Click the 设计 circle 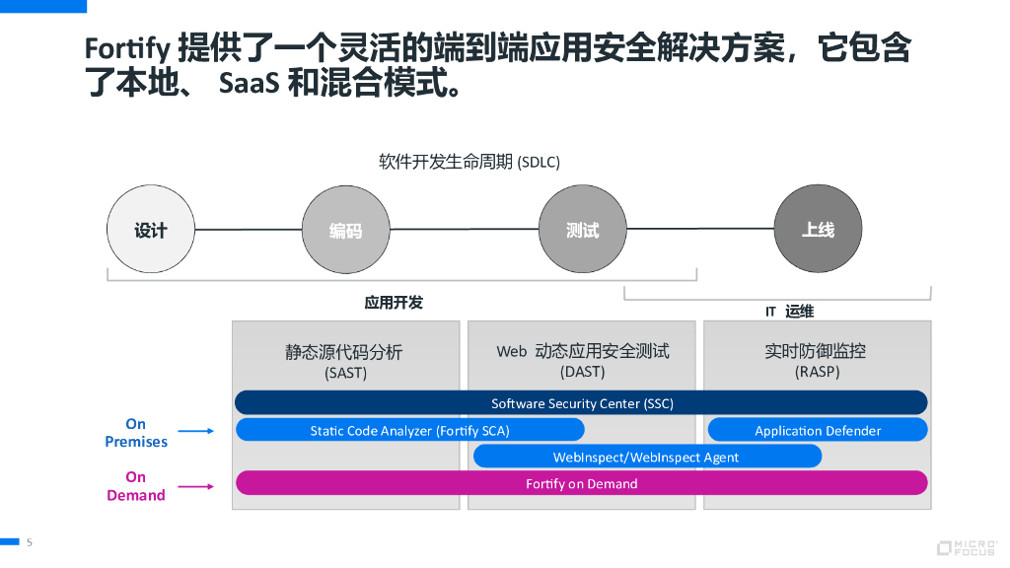150,230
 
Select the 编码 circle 345,230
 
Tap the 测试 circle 582,230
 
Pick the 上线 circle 818,229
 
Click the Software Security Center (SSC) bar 581,402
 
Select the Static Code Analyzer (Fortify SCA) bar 409,430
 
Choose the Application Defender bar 818,430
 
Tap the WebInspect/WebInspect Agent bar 646,457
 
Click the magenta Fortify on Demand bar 581,483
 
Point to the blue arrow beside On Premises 196,431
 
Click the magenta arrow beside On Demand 196,485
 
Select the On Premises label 136,433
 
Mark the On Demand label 136,486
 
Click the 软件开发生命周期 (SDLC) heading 469,162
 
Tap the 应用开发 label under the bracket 394,303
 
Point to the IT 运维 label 789,312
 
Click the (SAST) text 345,374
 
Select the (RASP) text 817,373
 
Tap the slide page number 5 30,542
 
